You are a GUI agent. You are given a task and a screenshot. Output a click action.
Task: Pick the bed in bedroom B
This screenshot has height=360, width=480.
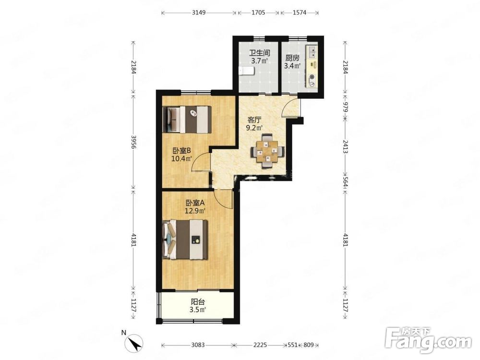coord(187,120)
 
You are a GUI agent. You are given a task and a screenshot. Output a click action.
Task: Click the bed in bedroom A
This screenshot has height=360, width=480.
coord(185,240)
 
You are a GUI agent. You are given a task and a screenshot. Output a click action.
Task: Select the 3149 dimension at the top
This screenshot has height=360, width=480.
coord(199,13)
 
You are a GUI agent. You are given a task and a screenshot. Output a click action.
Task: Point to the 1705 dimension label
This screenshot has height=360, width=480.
coord(258,13)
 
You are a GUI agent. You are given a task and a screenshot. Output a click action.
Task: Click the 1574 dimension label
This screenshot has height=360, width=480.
coord(300,13)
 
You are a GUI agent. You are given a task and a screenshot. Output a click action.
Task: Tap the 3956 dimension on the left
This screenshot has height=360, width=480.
coord(133,142)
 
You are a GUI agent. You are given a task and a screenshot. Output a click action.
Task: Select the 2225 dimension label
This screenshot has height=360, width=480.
coord(260,345)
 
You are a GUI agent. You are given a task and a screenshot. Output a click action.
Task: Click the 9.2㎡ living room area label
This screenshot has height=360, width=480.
coord(255,128)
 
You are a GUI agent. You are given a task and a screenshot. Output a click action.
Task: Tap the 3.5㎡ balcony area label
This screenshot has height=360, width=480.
coord(197,310)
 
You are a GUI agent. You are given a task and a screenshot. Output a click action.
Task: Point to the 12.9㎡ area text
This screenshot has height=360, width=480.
coord(195,211)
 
